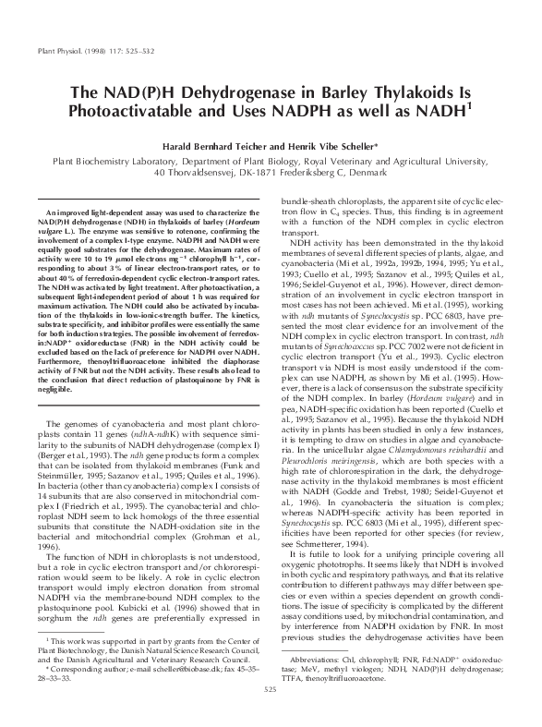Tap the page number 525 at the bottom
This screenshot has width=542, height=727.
271,714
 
